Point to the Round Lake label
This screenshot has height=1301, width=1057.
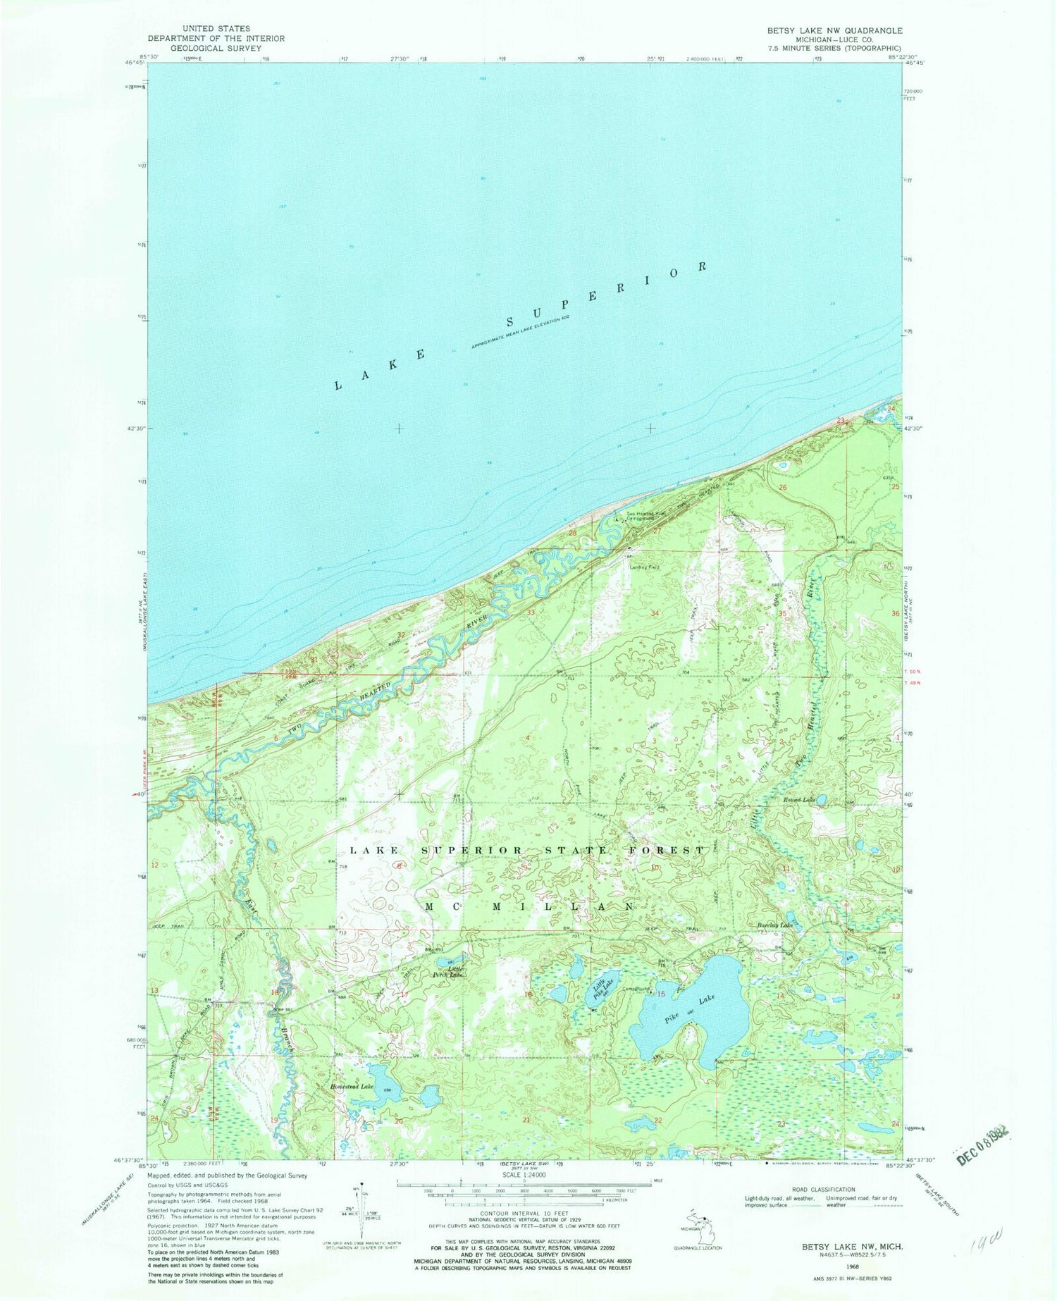point(798,801)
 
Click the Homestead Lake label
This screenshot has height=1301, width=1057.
point(352,1087)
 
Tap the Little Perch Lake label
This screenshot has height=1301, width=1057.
point(448,972)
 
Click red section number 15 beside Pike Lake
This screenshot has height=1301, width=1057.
point(661,994)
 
